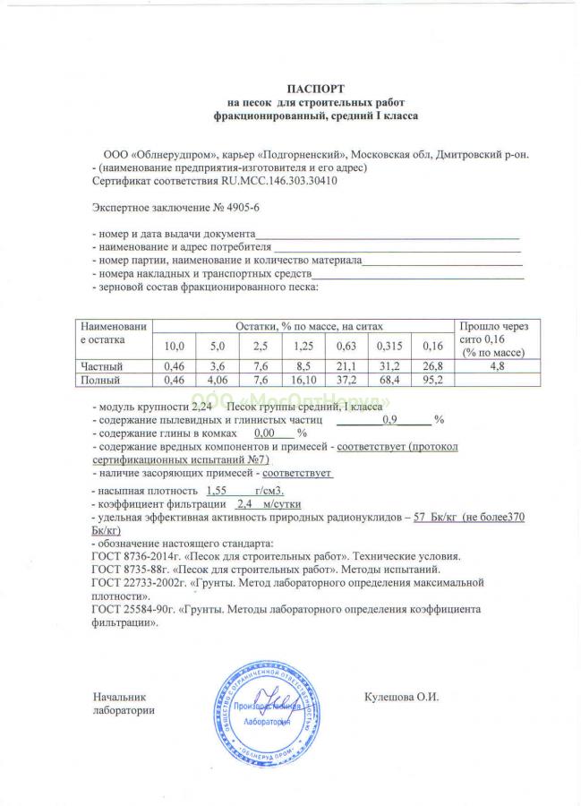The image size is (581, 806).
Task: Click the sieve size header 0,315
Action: click(x=388, y=346)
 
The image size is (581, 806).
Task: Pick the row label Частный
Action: click(x=101, y=366)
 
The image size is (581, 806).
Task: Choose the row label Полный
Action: click(x=100, y=380)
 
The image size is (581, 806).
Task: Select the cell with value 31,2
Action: click(x=388, y=366)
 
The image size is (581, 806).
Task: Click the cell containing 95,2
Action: click(x=432, y=380)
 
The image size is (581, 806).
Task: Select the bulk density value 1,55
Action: click(x=218, y=491)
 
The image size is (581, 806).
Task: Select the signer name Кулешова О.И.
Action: click(x=402, y=696)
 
